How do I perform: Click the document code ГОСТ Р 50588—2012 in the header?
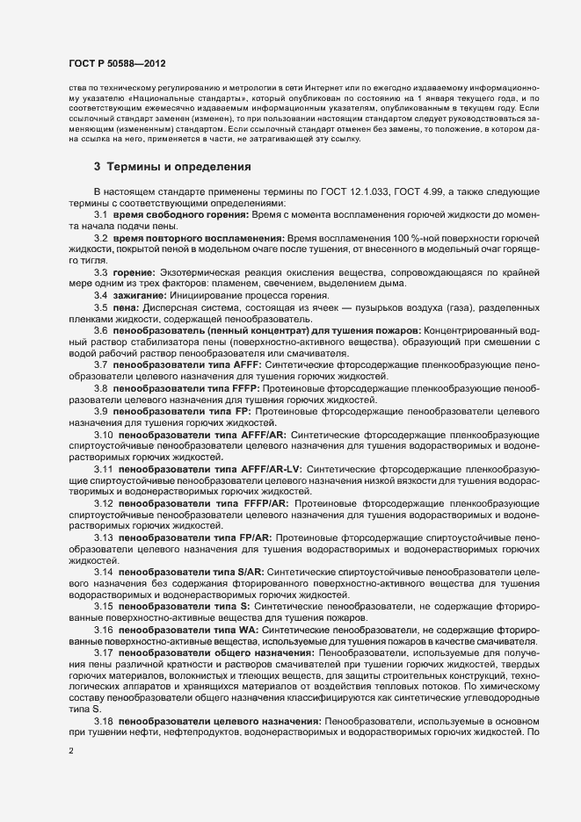point(117,65)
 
